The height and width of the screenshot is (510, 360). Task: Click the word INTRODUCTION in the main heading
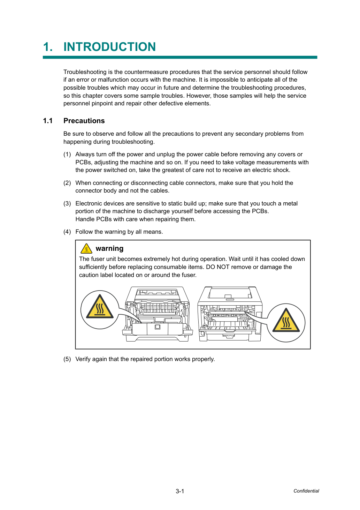pyautogui.click(x=110, y=47)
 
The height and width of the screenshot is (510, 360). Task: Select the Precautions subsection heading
pyautogui.click(x=84, y=121)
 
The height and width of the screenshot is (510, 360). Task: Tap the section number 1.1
pyautogui.click(x=48, y=121)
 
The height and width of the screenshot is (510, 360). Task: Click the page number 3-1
pyautogui.click(x=180, y=491)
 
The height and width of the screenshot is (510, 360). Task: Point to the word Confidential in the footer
pyautogui.click(x=306, y=491)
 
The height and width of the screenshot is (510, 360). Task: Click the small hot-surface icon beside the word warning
pyautogui.click(x=86, y=249)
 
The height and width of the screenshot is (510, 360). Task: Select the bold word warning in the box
pyautogui.click(x=109, y=248)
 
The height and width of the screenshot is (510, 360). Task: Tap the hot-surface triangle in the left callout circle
pyautogui.click(x=100, y=307)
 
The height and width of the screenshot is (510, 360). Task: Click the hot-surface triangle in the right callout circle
pyautogui.click(x=286, y=320)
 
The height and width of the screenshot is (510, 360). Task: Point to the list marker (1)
pyautogui.click(x=67, y=155)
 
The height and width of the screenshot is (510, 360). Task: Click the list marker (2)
pyautogui.click(x=67, y=183)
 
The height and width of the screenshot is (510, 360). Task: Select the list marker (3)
pyautogui.click(x=67, y=203)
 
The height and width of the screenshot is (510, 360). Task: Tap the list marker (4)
pyautogui.click(x=67, y=232)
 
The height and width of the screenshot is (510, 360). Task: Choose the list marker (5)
pyautogui.click(x=67, y=359)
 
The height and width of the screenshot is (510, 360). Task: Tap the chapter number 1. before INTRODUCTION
pyautogui.click(x=48, y=47)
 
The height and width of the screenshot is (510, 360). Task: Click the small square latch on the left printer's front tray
pyautogui.click(x=158, y=327)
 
